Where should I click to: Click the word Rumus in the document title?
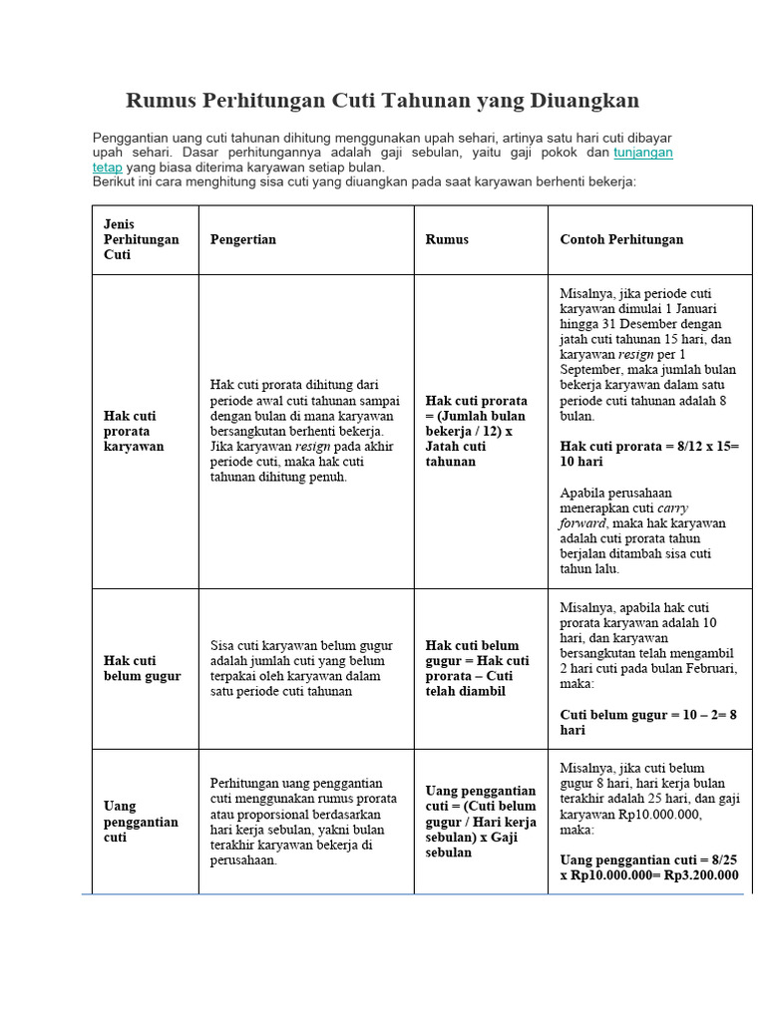coord(161,101)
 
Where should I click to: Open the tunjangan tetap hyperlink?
coord(642,154)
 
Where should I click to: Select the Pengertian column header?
coord(243,239)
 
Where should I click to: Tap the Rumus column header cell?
coord(447,239)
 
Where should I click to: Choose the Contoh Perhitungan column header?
coord(621,239)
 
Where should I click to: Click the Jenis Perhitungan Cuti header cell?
coord(142,239)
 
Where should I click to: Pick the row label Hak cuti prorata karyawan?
coord(134,431)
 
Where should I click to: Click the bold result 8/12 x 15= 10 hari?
coord(648,455)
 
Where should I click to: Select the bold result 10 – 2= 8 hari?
coord(648,722)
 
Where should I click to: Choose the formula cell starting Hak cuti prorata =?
coord(477,431)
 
